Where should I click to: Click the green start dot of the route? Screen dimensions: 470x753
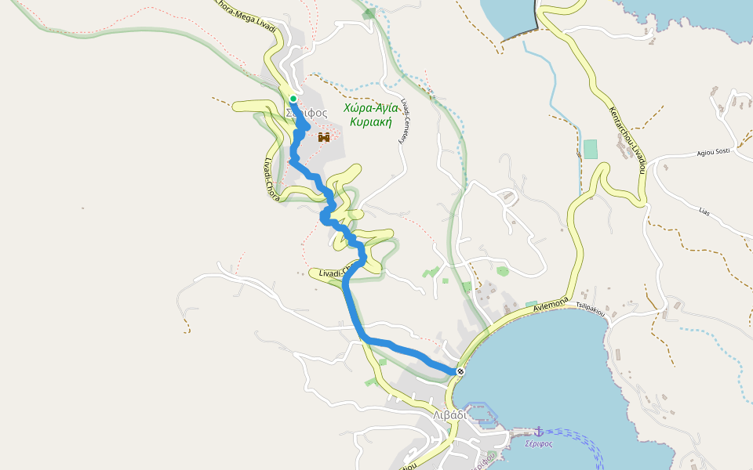(x=293, y=99)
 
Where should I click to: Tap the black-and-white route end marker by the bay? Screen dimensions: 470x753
(x=460, y=371)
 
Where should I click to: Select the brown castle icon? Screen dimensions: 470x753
(x=323, y=137)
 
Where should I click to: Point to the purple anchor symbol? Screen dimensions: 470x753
(x=539, y=432)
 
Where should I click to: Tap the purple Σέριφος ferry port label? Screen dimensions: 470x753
(x=539, y=444)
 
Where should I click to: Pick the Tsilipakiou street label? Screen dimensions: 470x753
(x=591, y=309)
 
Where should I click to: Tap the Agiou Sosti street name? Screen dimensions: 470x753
(x=714, y=153)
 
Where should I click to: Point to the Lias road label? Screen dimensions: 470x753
(x=704, y=211)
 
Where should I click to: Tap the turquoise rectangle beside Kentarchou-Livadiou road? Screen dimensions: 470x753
(x=590, y=149)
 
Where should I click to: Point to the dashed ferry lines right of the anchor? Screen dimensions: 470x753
(x=577, y=436)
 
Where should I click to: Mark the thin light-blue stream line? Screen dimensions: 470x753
(x=549, y=70)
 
